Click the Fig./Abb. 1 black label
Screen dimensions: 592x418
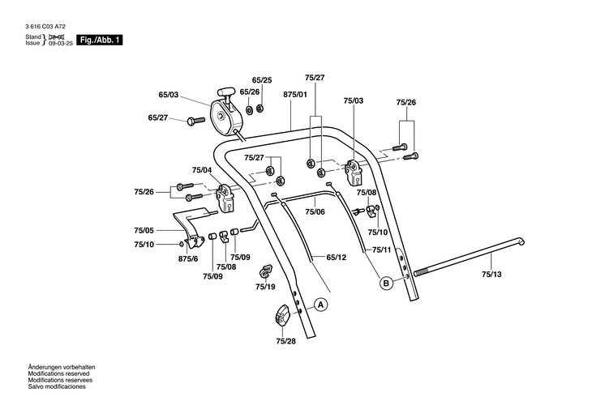click(x=100, y=40)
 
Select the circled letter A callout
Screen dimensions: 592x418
click(x=321, y=305)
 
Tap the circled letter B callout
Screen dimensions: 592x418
click(x=386, y=283)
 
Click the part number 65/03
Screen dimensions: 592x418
click(x=169, y=95)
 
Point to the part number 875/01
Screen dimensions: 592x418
click(x=295, y=94)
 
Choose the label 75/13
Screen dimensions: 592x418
click(x=491, y=275)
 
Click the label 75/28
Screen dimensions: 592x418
click(x=285, y=341)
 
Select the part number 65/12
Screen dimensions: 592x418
click(x=337, y=258)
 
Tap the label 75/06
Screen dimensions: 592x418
click(x=315, y=211)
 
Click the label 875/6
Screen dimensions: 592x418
click(x=188, y=258)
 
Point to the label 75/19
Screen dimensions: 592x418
click(x=265, y=287)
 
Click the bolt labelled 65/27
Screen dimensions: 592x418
click(x=195, y=121)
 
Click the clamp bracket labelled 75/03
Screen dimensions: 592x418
click(x=354, y=172)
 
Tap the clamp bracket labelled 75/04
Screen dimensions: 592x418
click(x=225, y=198)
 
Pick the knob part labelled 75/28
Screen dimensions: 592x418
click(x=281, y=314)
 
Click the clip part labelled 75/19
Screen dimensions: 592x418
click(x=265, y=271)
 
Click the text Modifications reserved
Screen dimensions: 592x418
click(x=58, y=373)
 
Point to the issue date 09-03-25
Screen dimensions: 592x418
click(x=61, y=44)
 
